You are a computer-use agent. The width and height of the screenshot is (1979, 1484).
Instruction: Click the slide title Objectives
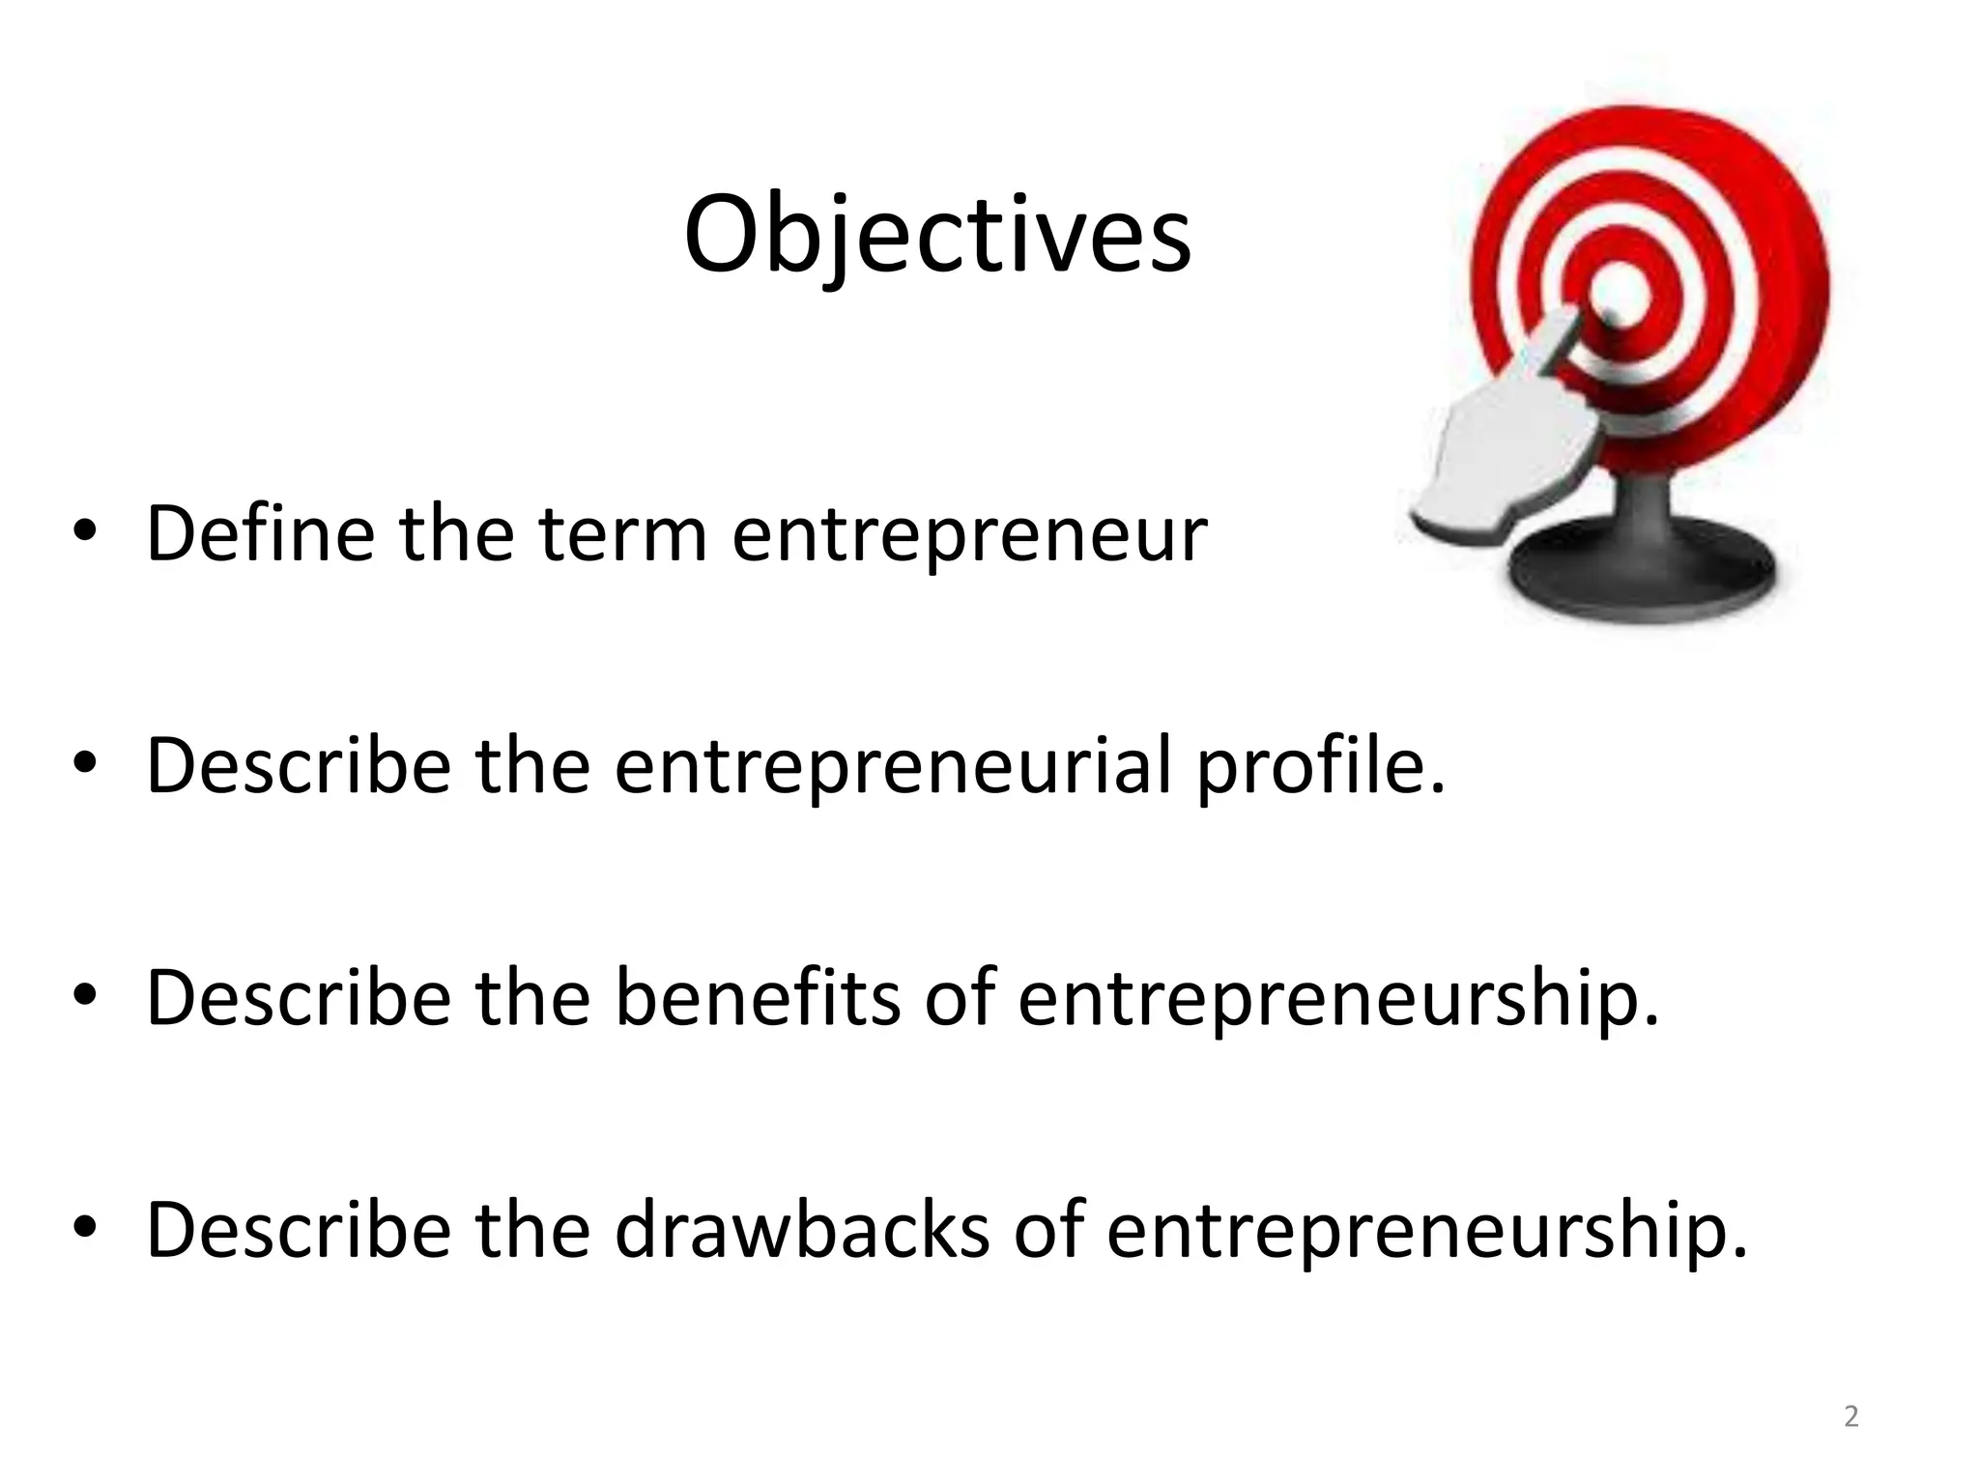(x=936, y=235)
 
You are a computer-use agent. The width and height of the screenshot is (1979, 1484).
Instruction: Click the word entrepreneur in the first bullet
(x=969, y=534)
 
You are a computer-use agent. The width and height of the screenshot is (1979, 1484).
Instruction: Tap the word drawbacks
(x=802, y=1229)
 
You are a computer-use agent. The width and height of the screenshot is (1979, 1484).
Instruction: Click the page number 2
(x=1850, y=1416)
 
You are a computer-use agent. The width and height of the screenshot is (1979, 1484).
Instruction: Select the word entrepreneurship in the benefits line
(x=1337, y=999)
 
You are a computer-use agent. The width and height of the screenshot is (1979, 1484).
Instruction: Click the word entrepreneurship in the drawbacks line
(x=1426, y=1231)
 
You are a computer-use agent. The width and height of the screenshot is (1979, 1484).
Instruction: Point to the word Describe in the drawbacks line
(x=299, y=1229)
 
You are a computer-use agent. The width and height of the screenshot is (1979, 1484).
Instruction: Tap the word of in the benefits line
(x=960, y=997)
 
